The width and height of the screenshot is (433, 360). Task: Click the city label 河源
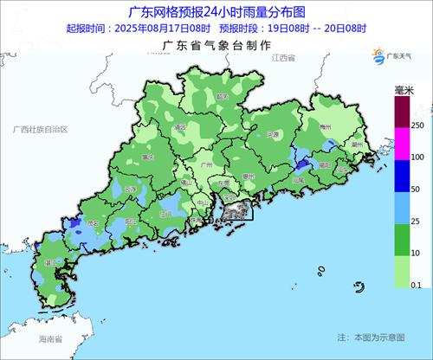[272, 135]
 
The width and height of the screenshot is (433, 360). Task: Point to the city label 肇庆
[147, 157]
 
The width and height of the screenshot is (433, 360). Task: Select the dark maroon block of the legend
[402, 112]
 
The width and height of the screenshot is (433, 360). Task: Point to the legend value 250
[418, 126]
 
